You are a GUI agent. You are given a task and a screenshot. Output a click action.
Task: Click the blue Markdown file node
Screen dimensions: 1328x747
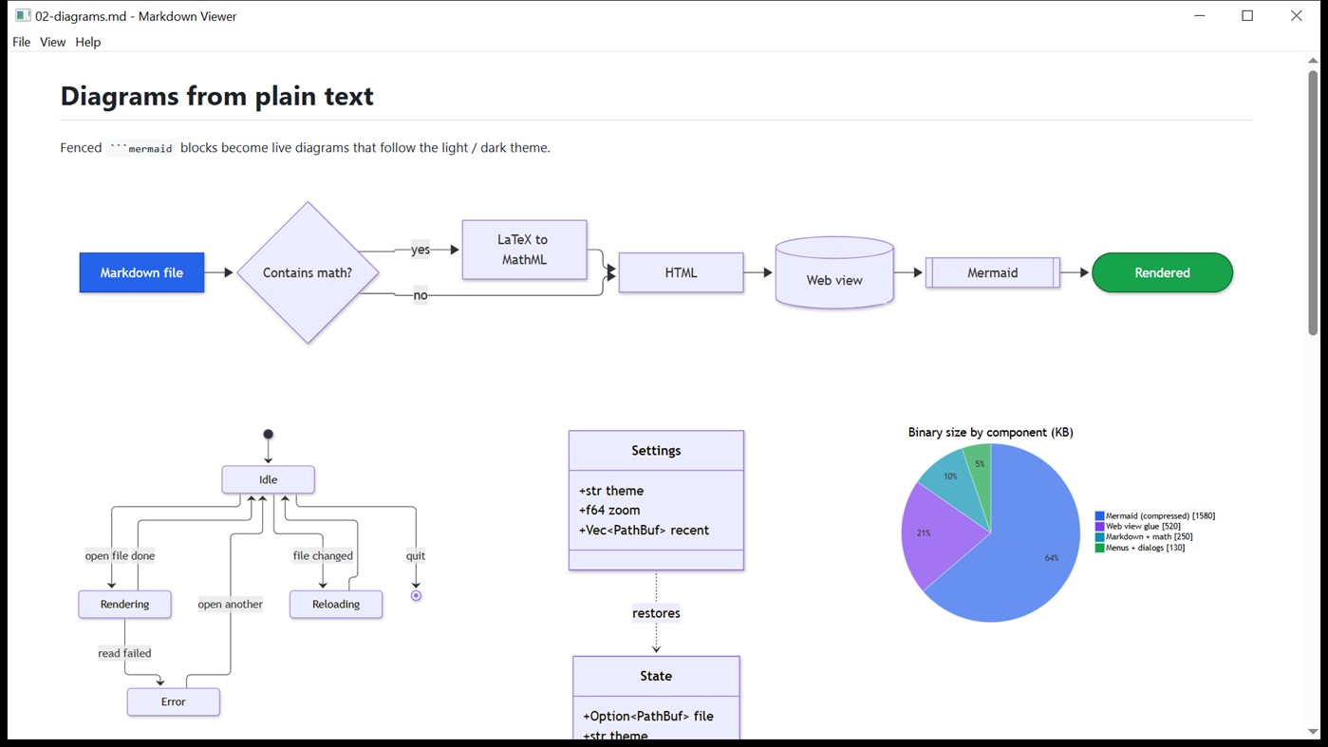141,272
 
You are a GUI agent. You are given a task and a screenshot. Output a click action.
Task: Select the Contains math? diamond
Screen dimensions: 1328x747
308,272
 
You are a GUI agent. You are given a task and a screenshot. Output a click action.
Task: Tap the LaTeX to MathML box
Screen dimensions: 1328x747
524,250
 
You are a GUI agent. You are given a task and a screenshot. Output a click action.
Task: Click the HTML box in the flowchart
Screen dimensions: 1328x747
681,272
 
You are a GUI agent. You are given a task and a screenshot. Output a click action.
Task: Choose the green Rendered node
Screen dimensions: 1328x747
1162,272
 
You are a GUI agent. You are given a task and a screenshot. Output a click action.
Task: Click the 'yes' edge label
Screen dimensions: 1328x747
421,250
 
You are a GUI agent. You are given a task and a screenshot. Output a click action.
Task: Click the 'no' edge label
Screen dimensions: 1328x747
421,295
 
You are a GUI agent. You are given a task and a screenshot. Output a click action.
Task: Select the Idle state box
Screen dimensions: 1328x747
268,479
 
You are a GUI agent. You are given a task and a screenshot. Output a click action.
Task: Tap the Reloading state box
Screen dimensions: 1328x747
335,604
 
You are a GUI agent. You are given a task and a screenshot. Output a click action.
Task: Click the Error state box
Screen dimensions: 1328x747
173,702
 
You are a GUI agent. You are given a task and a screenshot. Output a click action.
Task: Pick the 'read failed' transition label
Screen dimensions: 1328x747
124,653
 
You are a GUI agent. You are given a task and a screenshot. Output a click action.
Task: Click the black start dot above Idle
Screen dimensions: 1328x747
268,435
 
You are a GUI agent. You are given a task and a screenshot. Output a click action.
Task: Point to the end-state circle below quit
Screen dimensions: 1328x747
416,596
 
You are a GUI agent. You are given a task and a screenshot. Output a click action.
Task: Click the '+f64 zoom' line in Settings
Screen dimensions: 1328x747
609,511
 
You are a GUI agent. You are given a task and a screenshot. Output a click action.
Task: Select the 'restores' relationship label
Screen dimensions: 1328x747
656,613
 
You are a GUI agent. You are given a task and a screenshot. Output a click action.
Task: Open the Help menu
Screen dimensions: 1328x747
87,42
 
